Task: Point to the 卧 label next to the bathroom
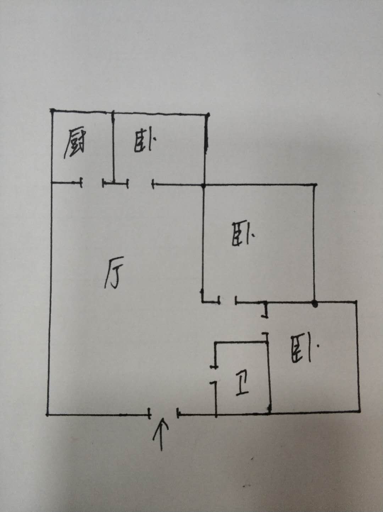click(302, 349)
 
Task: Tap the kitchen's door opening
click(92, 183)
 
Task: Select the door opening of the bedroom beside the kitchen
click(140, 183)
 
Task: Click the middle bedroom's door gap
click(228, 302)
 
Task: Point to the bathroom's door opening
click(215, 374)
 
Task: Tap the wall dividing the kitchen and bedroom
click(113, 147)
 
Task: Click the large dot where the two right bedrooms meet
click(314, 303)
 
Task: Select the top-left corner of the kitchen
click(52, 111)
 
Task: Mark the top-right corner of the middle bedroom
click(315, 185)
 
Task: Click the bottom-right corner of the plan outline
click(360, 412)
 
